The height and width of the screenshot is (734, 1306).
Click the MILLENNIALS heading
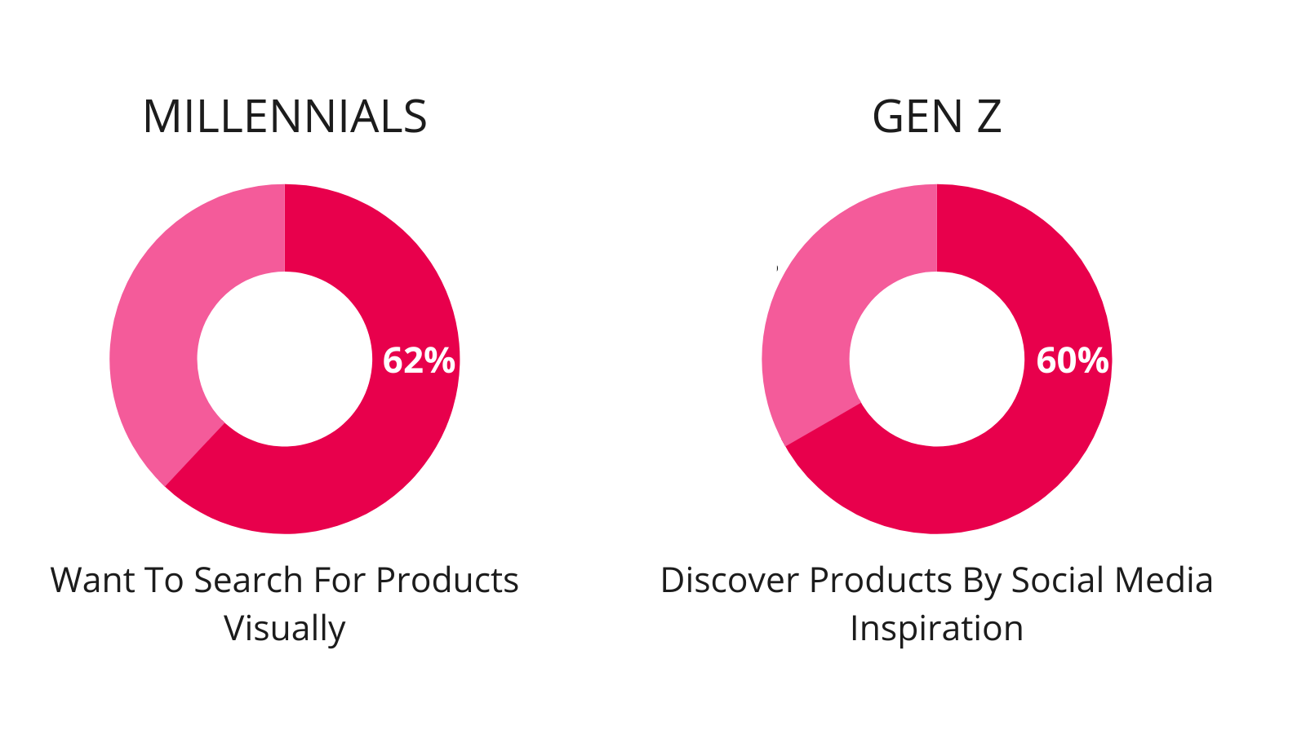click(285, 117)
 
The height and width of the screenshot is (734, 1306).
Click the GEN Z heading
click(936, 117)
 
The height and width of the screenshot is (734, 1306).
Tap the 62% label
click(419, 360)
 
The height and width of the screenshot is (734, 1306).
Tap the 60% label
click(1073, 360)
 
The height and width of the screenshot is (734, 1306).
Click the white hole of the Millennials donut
click(285, 359)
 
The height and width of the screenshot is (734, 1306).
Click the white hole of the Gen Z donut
click(937, 359)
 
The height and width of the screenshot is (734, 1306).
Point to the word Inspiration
click(936, 629)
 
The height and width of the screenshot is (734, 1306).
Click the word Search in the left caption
click(248, 580)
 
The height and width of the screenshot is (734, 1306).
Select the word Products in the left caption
click(446, 580)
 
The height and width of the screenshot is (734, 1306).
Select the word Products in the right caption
click(880, 580)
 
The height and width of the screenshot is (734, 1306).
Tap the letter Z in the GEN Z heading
click(988, 117)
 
